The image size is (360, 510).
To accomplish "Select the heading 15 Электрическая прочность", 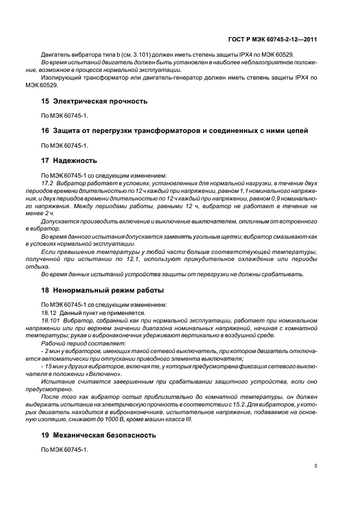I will point(94,101).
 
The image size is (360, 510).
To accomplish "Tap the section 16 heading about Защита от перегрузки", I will point(174,131).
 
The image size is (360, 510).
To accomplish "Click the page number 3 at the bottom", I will point(316,466).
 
